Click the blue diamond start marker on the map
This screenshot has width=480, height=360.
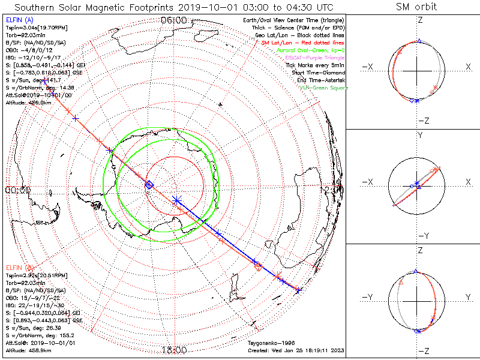point(149,185)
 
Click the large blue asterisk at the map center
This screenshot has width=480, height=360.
point(176,199)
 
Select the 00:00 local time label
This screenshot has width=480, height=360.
point(17,190)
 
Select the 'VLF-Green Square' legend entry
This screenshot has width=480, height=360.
point(323,88)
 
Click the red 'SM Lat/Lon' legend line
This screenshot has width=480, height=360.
point(302,43)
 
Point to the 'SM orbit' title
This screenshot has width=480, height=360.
point(416,7)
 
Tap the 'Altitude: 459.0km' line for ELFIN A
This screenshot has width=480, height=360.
point(29,102)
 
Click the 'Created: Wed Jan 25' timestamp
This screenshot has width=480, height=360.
point(296,350)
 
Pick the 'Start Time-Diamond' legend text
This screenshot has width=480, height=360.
point(319,73)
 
